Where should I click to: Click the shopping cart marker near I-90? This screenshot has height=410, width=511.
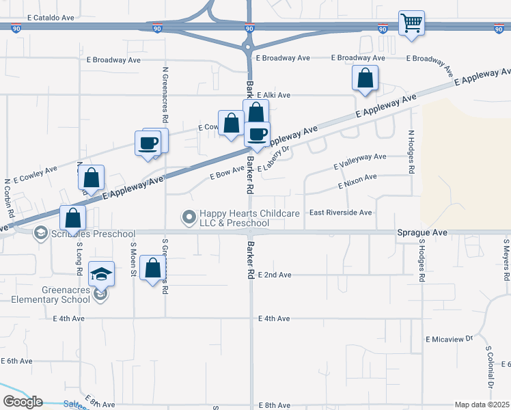coord(411,24)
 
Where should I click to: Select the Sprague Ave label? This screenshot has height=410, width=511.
coord(422,233)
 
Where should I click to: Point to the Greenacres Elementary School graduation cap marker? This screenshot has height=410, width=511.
coord(102,275)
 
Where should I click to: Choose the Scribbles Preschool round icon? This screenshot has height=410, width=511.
coord(40,233)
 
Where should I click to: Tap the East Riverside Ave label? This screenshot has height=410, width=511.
coord(340,213)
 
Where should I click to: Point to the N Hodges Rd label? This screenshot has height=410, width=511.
coord(411,152)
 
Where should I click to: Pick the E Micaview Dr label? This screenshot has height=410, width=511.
coord(449,339)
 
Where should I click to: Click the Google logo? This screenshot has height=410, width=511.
coord(23,402)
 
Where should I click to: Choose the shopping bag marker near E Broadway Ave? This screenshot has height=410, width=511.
coord(365,79)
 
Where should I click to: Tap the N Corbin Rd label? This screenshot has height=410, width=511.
coord(9,198)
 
